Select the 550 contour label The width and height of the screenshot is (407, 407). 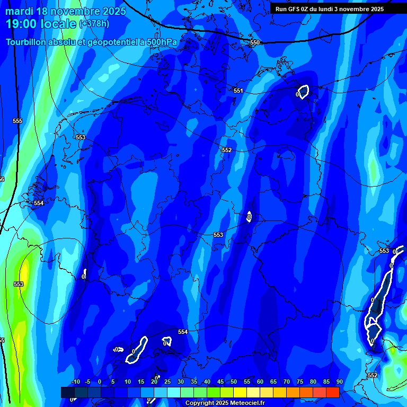255,42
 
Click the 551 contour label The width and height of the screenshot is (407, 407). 238,91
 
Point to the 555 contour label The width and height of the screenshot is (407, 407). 17,121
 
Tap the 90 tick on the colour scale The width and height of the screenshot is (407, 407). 339,382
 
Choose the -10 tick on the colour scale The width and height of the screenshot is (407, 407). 75,382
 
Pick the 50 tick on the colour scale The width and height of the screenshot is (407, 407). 234,382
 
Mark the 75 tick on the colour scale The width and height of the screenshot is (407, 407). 299,382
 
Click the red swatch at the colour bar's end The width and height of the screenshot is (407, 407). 332,392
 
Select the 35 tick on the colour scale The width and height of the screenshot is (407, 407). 193,382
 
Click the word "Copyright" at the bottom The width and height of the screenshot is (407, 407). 199,403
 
